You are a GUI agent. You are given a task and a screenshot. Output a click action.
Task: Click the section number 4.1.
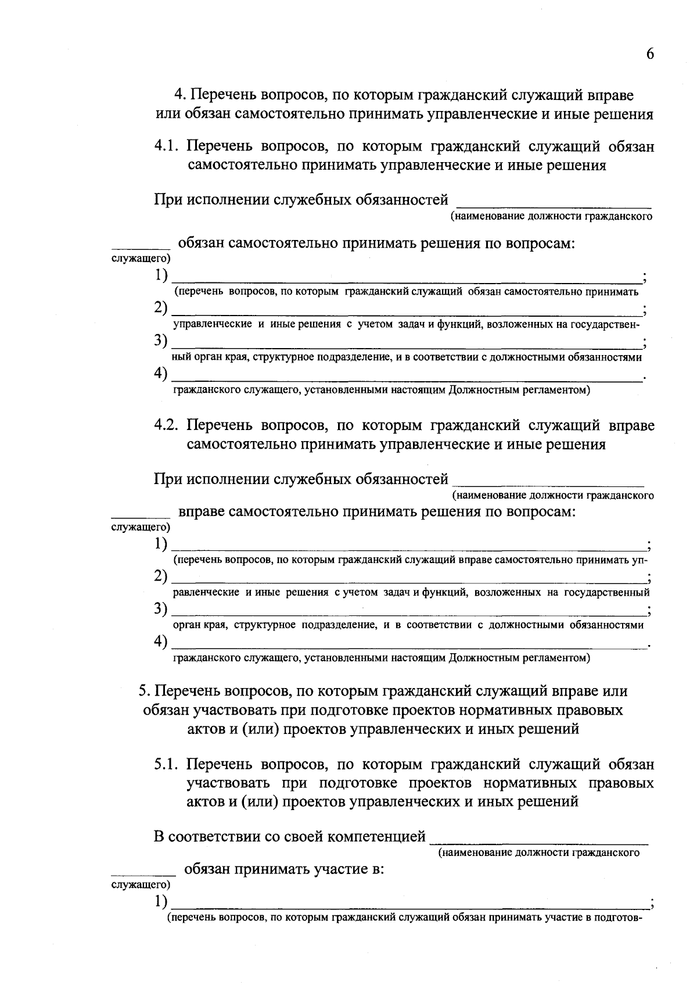click(x=167, y=146)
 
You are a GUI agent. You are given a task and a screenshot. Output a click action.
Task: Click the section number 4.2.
click(x=166, y=425)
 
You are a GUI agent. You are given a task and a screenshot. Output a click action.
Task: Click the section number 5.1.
click(x=167, y=764)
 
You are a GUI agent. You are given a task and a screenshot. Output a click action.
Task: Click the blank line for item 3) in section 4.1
click(x=407, y=346)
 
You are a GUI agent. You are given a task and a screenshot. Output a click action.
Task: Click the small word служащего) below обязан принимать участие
click(x=140, y=884)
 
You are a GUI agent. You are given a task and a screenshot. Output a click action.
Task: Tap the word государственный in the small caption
click(x=606, y=593)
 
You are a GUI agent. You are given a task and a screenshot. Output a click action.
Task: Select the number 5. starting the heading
click(x=145, y=692)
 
